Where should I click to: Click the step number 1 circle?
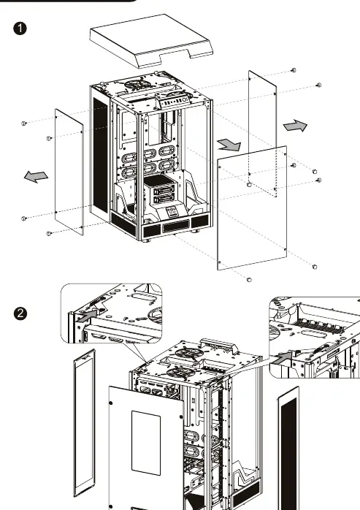click(x=20, y=28)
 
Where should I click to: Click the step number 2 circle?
click(x=20, y=313)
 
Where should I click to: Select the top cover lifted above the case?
click(x=151, y=40)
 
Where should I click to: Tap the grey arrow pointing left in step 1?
click(x=36, y=176)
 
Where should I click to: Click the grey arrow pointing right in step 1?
click(x=295, y=126)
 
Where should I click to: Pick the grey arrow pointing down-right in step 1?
click(x=229, y=145)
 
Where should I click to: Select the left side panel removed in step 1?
click(x=69, y=172)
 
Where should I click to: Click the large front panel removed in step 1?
click(x=252, y=208)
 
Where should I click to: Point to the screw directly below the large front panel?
click(x=250, y=280)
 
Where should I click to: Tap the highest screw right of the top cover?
click(x=294, y=70)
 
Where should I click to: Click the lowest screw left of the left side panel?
click(x=49, y=234)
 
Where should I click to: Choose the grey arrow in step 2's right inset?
click(x=282, y=358)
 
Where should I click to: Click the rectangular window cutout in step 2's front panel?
click(x=146, y=443)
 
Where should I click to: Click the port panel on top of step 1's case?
click(x=175, y=103)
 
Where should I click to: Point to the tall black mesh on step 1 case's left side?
click(x=101, y=156)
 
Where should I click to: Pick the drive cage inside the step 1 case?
click(x=159, y=190)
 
